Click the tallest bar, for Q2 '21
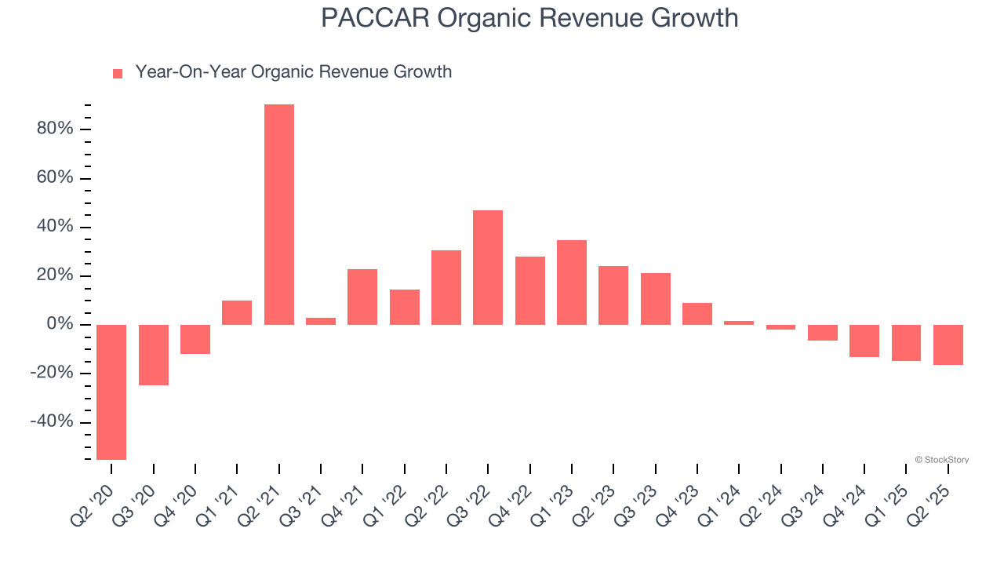pyautogui.click(x=279, y=214)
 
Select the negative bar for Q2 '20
pyautogui.click(x=111, y=392)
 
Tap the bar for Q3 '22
pyautogui.click(x=488, y=268)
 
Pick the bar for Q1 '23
pyautogui.click(x=572, y=282)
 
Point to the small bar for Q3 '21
pyautogui.click(x=321, y=321)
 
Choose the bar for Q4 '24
pyautogui.click(x=864, y=341)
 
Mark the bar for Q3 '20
pyautogui.click(x=154, y=355)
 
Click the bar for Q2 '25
pyautogui.click(x=948, y=344)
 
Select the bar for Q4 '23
pyautogui.click(x=697, y=314)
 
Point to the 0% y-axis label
pyautogui.click(x=60, y=324)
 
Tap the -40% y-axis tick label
pyautogui.click(x=52, y=422)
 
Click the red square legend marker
pyautogui.click(x=118, y=74)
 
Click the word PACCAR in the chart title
pyautogui.click(x=374, y=17)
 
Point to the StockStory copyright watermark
pyautogui.click(x=942, y=460)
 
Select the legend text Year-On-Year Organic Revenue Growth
pyautogui.click(x=293, y=72)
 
